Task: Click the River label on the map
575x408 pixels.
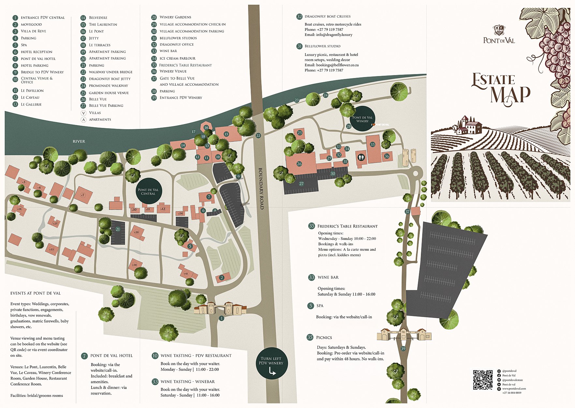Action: point(79,141)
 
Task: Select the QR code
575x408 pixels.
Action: point(483,380)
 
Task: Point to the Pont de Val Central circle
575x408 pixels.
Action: point(148,191)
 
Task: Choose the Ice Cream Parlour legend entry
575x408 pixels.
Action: point(177,58)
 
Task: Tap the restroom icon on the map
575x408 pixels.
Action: point(361,157)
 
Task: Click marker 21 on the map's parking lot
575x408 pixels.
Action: point(118,229)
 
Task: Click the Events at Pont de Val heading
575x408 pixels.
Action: point(36,293)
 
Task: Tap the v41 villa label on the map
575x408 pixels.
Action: point(186,274)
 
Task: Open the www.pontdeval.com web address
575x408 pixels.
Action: point(514,389)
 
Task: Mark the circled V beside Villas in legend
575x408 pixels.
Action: point(83,113)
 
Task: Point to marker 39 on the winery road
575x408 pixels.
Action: point(403,349)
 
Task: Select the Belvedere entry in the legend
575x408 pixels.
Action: point(98,18)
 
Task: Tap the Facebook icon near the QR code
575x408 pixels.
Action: point(499,375)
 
